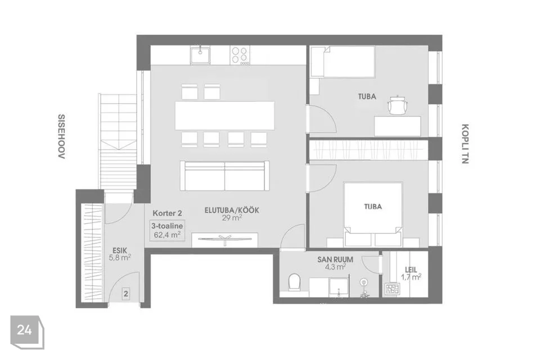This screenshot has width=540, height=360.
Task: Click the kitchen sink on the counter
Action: click(x=200, y=56)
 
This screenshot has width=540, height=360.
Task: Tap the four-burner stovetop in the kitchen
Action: click(x=240, y=56)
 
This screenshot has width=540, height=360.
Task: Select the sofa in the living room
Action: click(x=225, y=175)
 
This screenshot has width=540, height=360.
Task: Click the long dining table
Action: click(x=225, y=115)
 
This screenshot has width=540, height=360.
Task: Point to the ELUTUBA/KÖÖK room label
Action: click(x=232, y=210)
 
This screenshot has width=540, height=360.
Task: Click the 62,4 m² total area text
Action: click(x=168, y=235)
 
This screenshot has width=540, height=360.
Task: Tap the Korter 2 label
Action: click(x=168, y=213)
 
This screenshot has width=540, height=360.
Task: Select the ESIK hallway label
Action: click(x=120, y=250)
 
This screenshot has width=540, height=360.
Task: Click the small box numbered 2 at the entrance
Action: click(x=126, y=294)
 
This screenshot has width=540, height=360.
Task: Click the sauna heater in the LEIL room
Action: click(x=392, y=289)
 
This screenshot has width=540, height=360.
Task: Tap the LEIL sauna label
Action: click(x=411, y=270)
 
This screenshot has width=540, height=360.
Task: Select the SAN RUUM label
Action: click(x=335, y=259)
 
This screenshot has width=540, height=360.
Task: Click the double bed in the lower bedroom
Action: click(x=373, y=214)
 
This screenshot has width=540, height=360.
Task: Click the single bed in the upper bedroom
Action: click(x=343, y=62)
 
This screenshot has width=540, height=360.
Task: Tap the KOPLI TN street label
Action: click(x=465, y=143)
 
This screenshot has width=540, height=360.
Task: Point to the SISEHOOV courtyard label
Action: click(x=61, y=137)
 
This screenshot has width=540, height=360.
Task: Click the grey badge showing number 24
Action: click(x=26, y=331)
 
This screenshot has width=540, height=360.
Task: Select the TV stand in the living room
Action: click(x=225, y=240)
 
